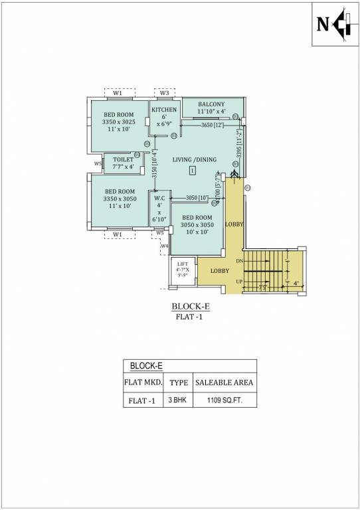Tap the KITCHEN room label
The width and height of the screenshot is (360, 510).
pos(164,110)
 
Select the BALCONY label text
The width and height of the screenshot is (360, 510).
pos(211,104)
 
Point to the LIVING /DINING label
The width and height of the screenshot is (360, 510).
pos(192,160)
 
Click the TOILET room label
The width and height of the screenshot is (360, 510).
pos(123,159)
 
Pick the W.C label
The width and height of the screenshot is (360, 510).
pos(159,198)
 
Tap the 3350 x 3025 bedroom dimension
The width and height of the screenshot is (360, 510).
pos(119,122)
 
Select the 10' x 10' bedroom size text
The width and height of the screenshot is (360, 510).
pos(197,232)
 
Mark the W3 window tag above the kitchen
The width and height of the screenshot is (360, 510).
pos(165,92)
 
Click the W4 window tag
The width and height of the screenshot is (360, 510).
pos(165,246)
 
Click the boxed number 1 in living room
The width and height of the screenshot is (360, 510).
pos(192,171)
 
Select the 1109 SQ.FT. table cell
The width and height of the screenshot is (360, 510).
pos(223,400)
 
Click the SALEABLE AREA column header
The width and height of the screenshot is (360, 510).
pos(223,383)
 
